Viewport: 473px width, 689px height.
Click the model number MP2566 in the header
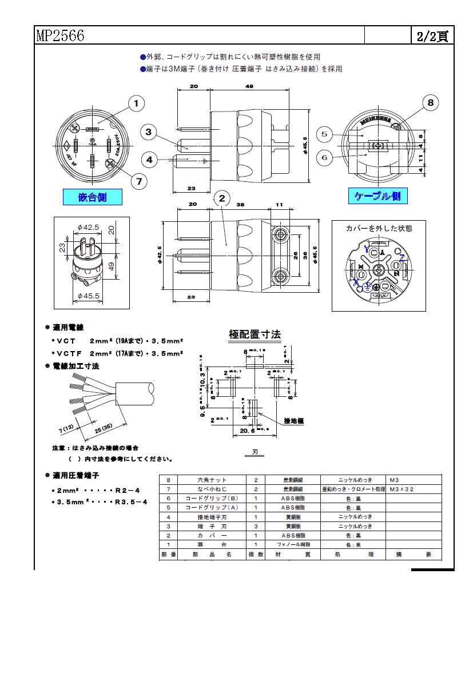[60, 36]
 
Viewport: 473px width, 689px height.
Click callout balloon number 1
[136, 103]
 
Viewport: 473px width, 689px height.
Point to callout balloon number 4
[149, 160]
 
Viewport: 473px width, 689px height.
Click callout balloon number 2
[222, 198]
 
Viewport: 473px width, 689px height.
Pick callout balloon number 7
[138, 181]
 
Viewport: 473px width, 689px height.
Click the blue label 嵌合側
[92, 197]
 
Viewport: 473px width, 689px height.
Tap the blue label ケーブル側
[378, 196]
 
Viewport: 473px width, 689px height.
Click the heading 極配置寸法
[255, 334]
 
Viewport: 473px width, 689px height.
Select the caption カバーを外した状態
[379, 228]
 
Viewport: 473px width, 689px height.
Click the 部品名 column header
[212, 554]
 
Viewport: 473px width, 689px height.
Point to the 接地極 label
[293, 421]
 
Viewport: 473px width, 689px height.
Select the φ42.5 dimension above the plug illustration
[89, 227]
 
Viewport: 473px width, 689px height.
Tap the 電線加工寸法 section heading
[75, 366]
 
